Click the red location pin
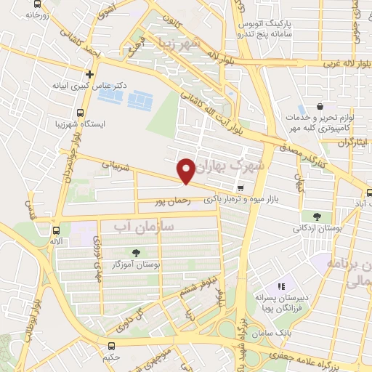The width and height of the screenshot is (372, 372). coord(187,170)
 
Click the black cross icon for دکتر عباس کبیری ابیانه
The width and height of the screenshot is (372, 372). coord(90,73)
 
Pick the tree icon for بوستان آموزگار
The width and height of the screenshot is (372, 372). coord(136,253)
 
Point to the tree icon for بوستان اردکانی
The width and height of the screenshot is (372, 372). coord(316,216)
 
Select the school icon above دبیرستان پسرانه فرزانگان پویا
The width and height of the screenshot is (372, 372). coord(281,286)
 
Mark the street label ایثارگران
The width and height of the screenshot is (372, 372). coord(351,144)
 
